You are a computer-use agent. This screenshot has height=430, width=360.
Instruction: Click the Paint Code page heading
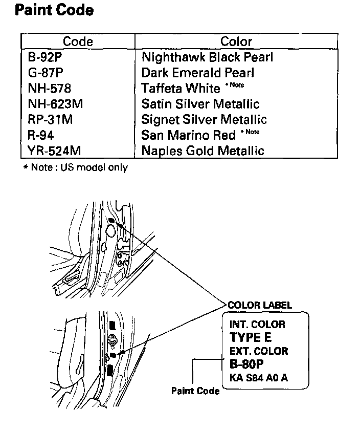[x=55, y=10]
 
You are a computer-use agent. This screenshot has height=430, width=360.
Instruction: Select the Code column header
[x=78, y=41]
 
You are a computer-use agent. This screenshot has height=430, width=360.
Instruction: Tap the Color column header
[x=236, y=41]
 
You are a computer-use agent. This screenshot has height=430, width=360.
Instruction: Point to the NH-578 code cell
[x=50, y=89]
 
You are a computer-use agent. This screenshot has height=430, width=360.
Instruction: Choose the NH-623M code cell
[x=55, y=104]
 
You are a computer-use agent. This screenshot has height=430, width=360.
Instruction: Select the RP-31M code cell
[x=50, y=119]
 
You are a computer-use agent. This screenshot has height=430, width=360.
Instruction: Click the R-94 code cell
[x=41, y=135]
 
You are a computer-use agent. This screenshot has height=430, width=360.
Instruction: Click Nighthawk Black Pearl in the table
[x=207, y=57]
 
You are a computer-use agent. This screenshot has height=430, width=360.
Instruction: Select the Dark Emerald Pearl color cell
[x=198, y=73]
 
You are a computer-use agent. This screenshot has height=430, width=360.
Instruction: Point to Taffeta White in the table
[x=181, y=89]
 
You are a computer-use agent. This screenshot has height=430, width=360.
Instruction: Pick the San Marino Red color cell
[x=189, y=135]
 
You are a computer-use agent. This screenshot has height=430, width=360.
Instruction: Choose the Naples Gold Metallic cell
[x=203, y=150]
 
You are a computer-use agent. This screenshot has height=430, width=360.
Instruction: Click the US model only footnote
[x=76, y=167]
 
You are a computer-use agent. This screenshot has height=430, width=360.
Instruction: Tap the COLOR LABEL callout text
[x=260, y=306]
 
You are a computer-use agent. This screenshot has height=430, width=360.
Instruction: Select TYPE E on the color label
[x=251, y=338]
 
